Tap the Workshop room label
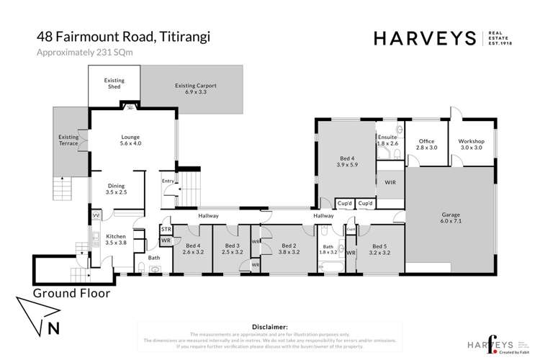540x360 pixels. point(472,145)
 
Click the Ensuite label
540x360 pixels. point(387,140)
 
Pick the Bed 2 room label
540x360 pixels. point(289,249)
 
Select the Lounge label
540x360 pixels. point(130,140)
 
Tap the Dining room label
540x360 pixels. point(116,189)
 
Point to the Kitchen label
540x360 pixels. point(116,238)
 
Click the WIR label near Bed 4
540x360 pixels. point(391,184)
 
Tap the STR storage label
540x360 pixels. point(166,230)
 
